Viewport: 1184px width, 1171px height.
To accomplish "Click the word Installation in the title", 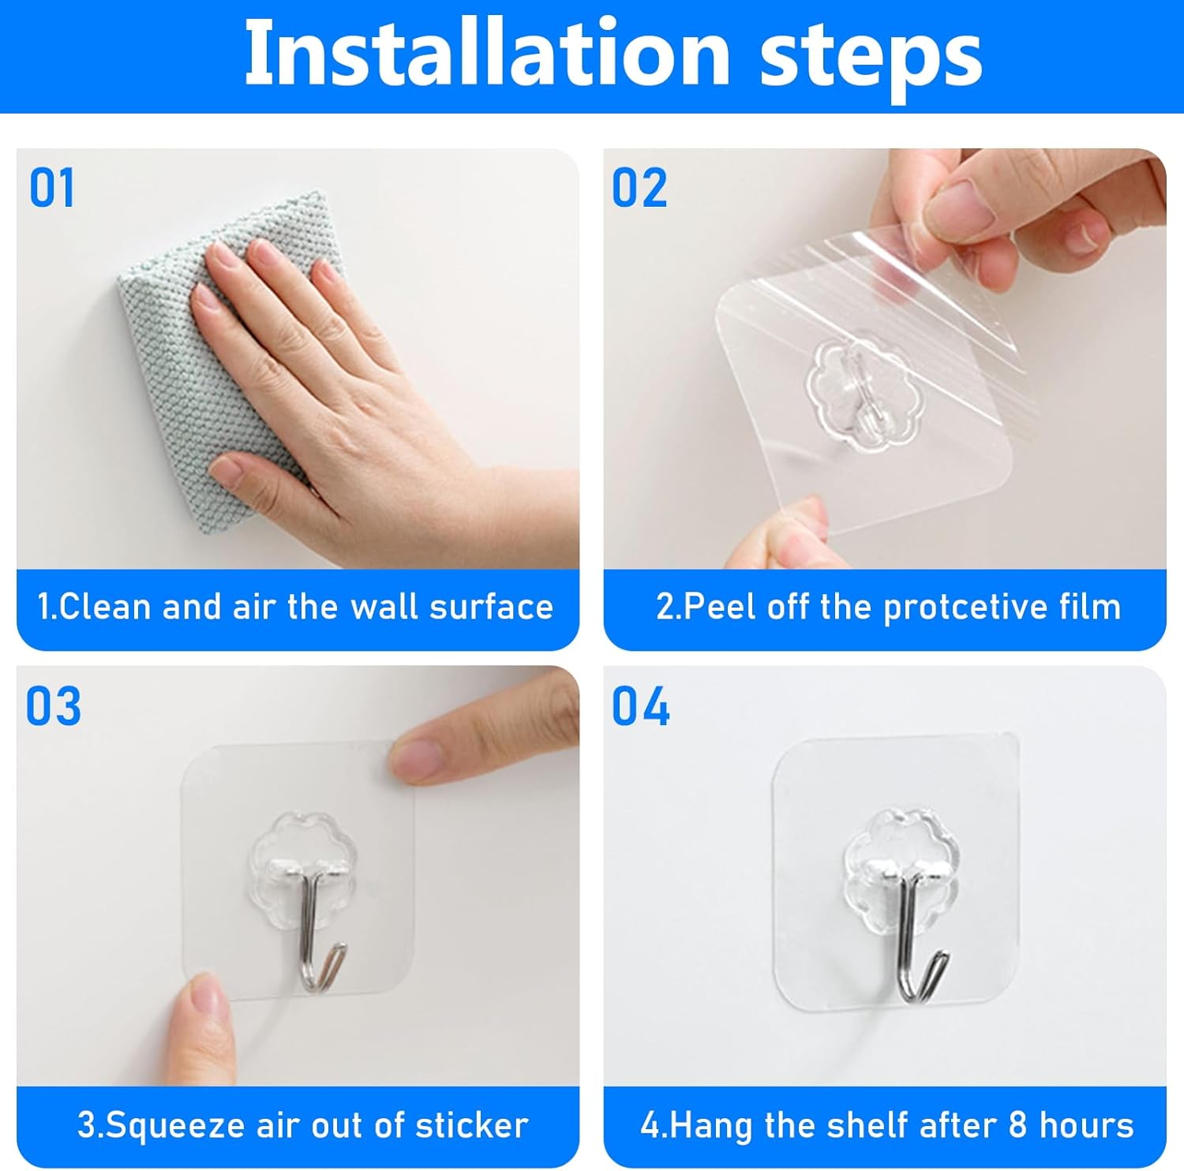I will pyautogui.click(x=486, y=54).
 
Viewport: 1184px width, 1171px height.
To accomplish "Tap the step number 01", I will pyautogui.click(x=52, y=189).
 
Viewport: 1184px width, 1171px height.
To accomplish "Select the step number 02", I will pyautogui.click(x=639, y=189).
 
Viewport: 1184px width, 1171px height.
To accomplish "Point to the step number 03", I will pyautogui.click(x=53, y=706).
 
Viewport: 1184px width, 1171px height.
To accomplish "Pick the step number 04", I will pyautogui.click(x=640, y=706).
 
